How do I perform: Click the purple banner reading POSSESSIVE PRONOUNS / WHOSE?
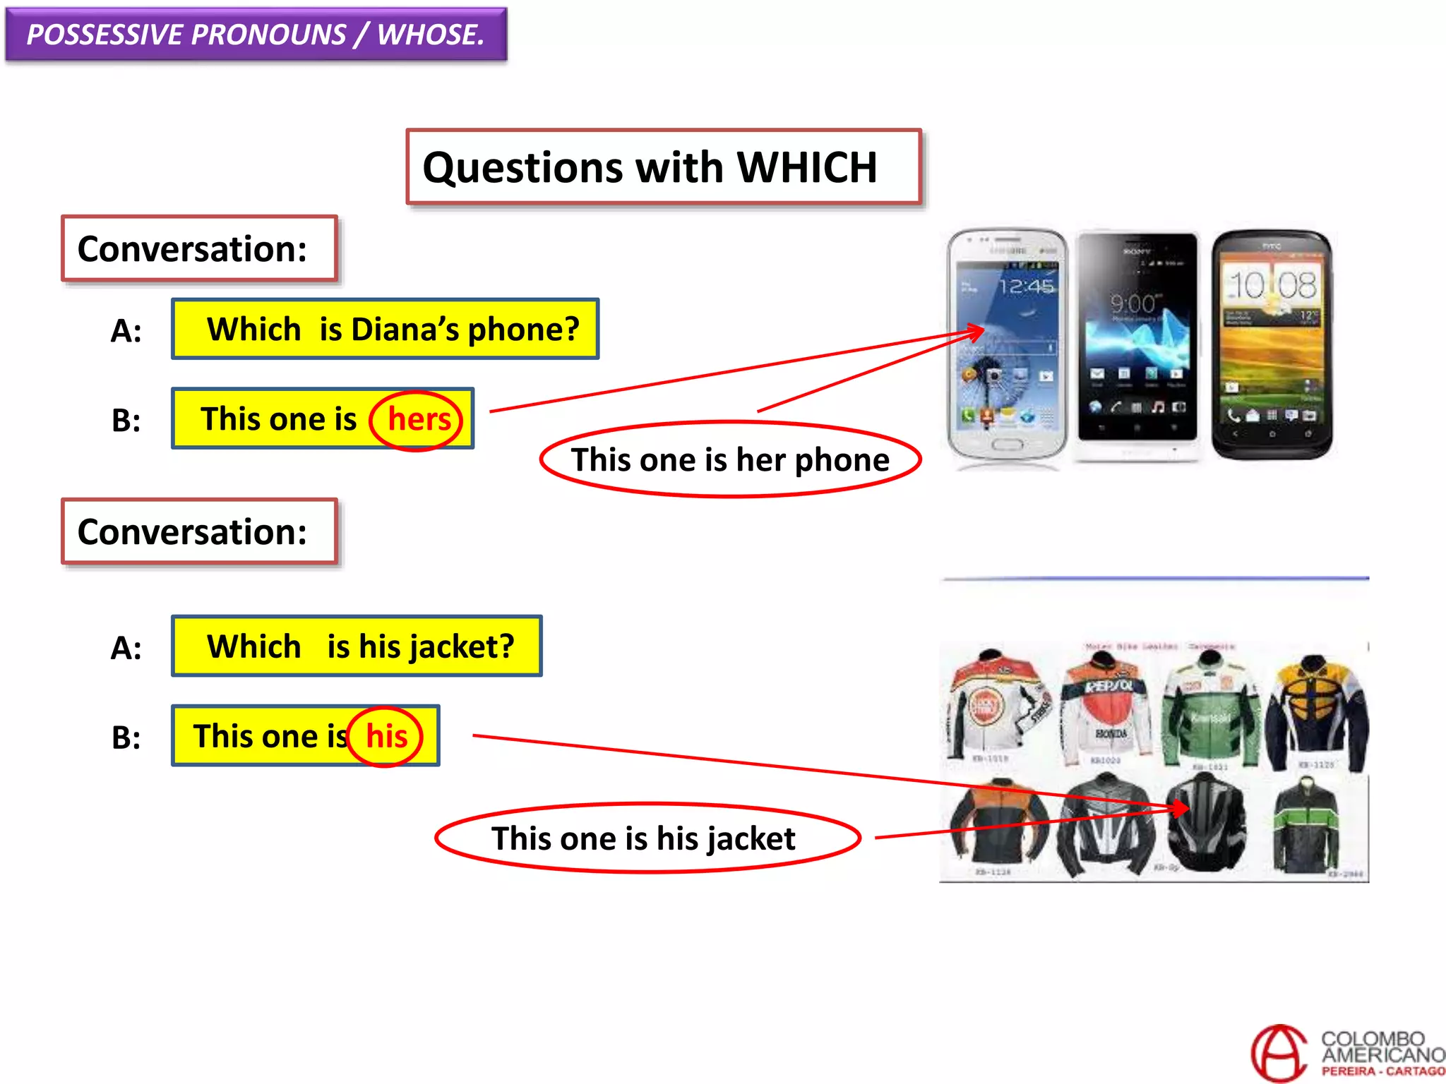256,35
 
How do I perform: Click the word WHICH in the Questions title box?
806,168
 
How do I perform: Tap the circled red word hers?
418,420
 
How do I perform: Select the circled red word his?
386,737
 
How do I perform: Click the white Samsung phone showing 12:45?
1006,346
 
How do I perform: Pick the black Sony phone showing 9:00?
1137,342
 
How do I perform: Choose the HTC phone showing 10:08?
1272,344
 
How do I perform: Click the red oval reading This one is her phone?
730,460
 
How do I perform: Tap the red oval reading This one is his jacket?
647,838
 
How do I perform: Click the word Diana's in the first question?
405,330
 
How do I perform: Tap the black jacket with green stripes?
1306,826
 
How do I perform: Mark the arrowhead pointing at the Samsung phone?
976,330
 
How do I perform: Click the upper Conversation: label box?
199,249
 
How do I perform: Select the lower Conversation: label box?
199,532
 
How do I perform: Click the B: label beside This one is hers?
126,421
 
